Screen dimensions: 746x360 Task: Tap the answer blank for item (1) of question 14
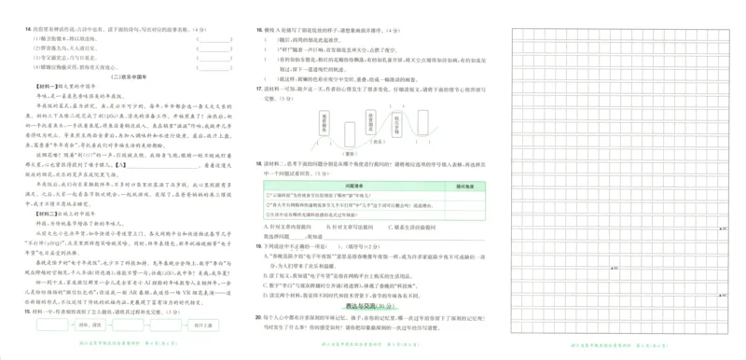[x=214, y=39]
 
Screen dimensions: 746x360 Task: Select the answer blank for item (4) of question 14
[x=214, y=67]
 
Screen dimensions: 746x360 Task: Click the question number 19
[x=259, y=246]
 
